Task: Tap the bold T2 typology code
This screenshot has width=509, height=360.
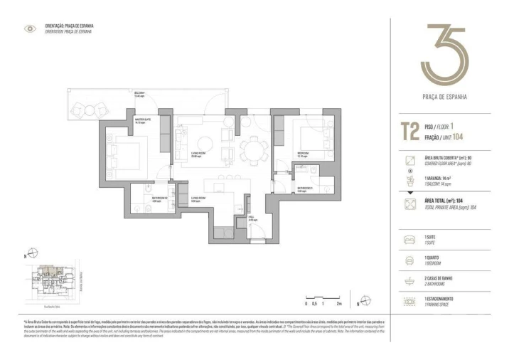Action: coord(409,132)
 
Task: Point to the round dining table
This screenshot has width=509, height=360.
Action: coord(251,151)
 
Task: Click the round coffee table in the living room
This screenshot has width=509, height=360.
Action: coord(205,139)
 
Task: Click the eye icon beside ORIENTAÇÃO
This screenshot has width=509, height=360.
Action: coord(30,28)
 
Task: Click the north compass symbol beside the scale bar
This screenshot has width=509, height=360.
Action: coord(363,300)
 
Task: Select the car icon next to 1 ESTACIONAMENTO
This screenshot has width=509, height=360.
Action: coord(409,300)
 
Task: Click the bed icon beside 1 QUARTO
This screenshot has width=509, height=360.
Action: coord(409,259)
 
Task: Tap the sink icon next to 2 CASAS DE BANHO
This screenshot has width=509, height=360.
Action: coord(409,280)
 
